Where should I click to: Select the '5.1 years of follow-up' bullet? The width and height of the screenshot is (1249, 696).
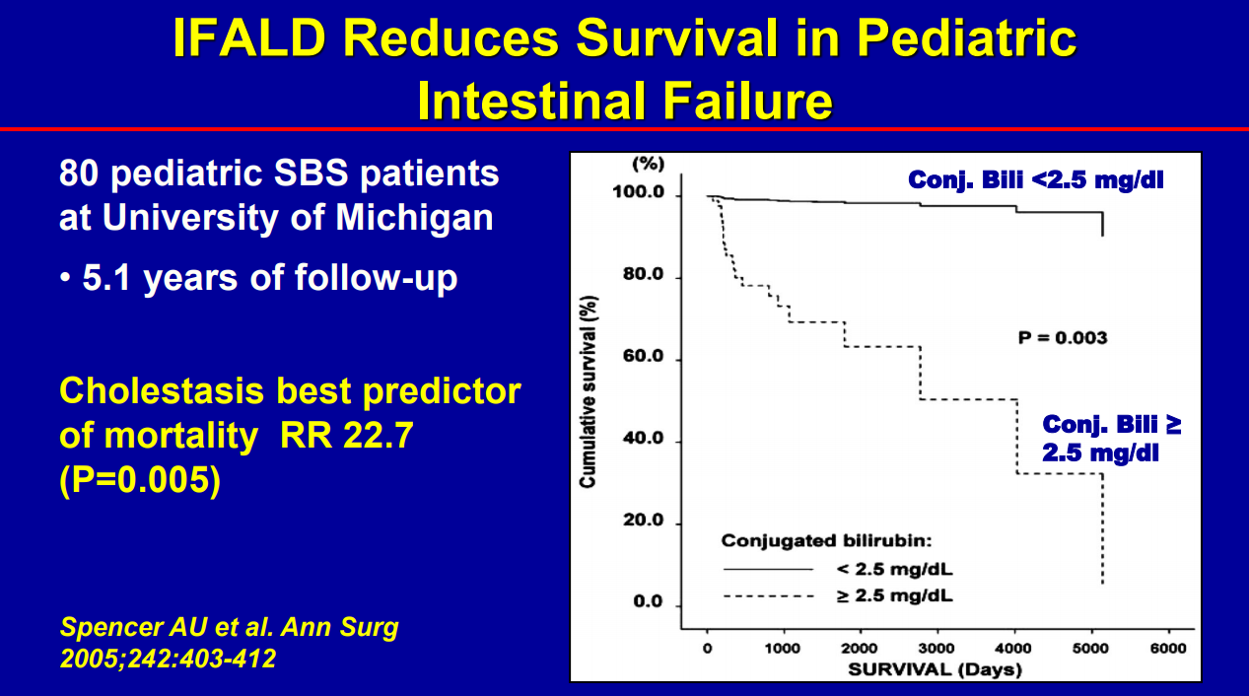258,278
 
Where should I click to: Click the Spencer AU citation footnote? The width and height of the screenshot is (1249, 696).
229,642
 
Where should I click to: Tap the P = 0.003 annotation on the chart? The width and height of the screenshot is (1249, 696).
1062,338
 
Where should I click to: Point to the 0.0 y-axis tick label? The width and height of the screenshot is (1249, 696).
649,602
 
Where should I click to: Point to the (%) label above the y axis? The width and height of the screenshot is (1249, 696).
648,163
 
